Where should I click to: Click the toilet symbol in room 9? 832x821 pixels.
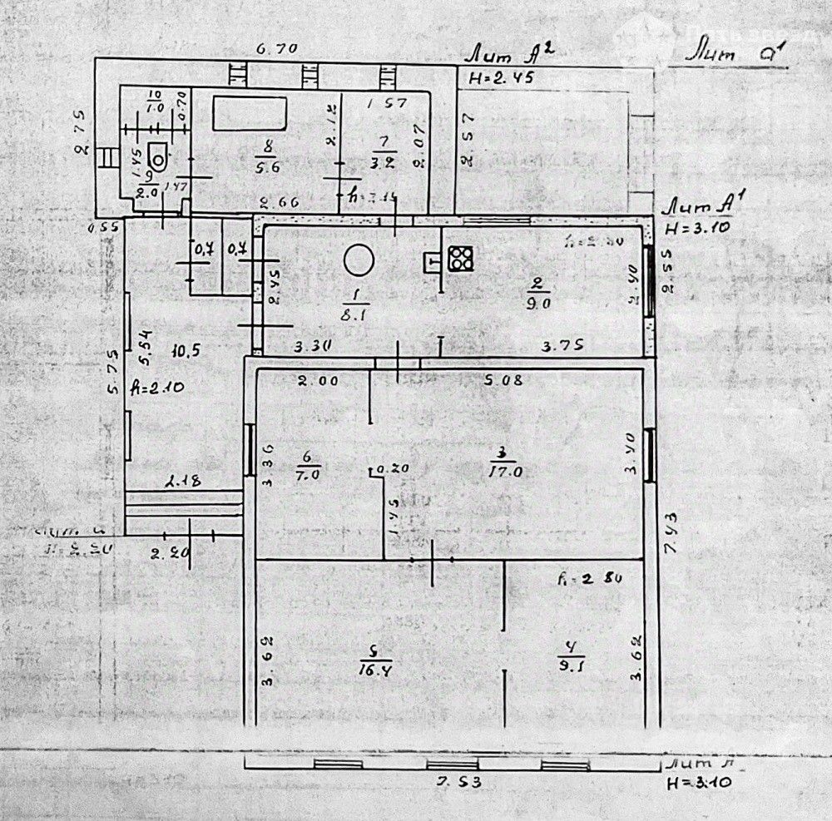156,154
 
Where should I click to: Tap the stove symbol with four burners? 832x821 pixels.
460,259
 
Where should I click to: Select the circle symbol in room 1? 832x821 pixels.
359,260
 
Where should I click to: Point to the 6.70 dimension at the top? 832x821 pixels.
277,49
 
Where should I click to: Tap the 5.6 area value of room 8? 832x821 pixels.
266,166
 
